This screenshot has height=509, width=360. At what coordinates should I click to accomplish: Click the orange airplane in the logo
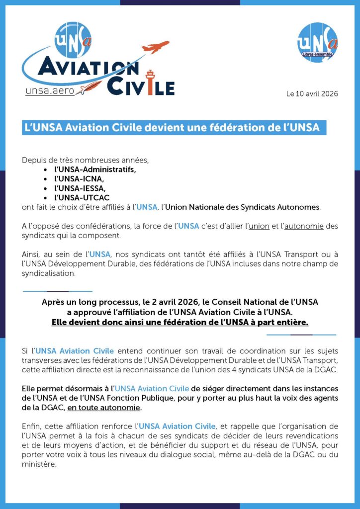pyautogui.click(x=155, y=47)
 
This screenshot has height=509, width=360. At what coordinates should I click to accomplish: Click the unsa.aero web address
pyautogui.click(x=50, y=90)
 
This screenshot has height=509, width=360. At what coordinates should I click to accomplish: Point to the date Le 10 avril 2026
pyautogui.click(x=312, y=94)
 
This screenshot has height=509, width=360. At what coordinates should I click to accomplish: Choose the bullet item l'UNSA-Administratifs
pyautogui.click(x=95, y=169)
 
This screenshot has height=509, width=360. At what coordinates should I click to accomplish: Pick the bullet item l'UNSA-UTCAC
pyautogui.click(x=82, y=197)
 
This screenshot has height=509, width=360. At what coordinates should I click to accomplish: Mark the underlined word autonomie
pyautogui.click(x=304, y=226)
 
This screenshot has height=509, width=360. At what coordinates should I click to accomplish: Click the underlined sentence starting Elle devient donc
pyautogui.click(x=180, y=322)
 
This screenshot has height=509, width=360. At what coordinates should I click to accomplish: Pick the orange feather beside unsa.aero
pyautogui.click(x=90, y=89)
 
